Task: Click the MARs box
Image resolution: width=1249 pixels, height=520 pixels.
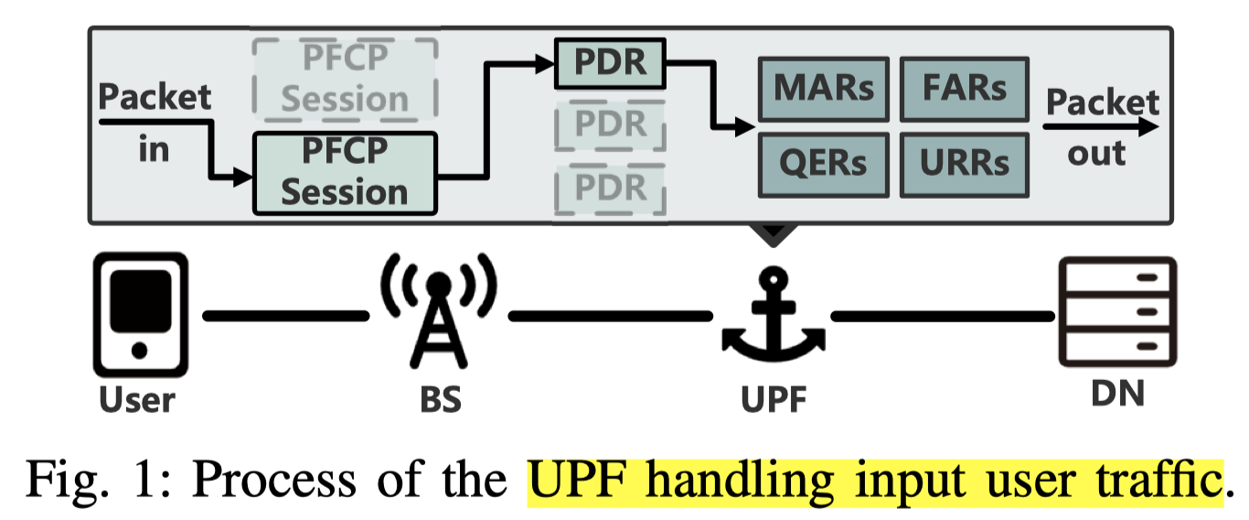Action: pos(823,89)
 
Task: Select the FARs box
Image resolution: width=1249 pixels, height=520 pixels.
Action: pos(966,89)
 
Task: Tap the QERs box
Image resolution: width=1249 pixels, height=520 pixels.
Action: pos(823,163)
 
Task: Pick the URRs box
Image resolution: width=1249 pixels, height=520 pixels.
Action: pos(966,163)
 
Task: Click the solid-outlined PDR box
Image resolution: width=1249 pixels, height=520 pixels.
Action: pos(610,62)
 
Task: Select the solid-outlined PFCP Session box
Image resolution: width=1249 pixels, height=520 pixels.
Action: pos(345,173)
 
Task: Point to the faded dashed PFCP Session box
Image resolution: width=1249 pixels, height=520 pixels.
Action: pos(345,81)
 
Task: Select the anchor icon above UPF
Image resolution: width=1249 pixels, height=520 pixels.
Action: pos(773,316)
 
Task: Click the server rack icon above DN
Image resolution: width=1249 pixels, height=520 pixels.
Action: pos(1116,311)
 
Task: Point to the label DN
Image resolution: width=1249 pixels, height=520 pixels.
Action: pos(1116,394)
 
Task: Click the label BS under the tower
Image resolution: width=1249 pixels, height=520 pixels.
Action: pos(437,398)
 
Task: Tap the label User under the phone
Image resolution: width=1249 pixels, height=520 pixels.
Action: pos(138,398)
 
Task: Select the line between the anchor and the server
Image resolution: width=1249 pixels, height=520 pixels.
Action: pos(942,317)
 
